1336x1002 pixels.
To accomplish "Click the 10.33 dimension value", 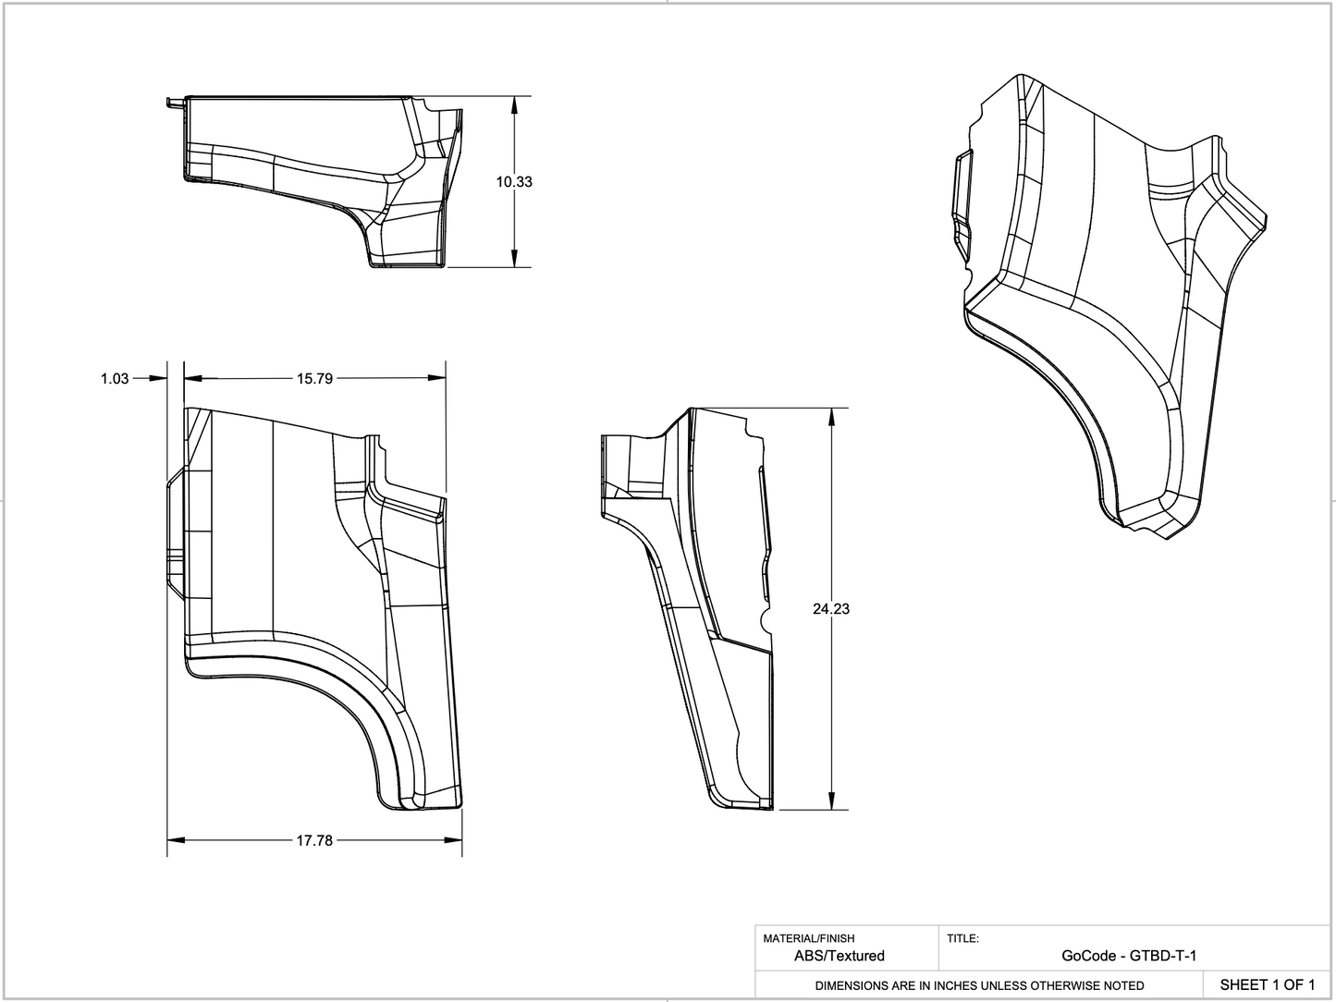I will click(513, 182).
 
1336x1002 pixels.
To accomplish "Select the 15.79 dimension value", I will click(314, 378).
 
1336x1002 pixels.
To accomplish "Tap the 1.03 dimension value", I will click(115, 378).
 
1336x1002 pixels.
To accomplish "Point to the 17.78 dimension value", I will click(314, 840).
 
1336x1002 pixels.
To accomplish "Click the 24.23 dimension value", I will click(831, 609).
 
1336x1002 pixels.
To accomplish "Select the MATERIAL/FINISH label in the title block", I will click(809, 938).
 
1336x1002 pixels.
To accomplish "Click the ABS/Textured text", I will click(840, 956).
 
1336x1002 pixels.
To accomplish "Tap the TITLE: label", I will click(962, 938).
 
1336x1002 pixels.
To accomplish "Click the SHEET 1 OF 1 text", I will click(1267, 984).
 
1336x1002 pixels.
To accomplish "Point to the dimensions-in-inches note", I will click(979, 985).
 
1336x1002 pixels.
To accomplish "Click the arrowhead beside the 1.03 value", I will click(159, 378).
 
